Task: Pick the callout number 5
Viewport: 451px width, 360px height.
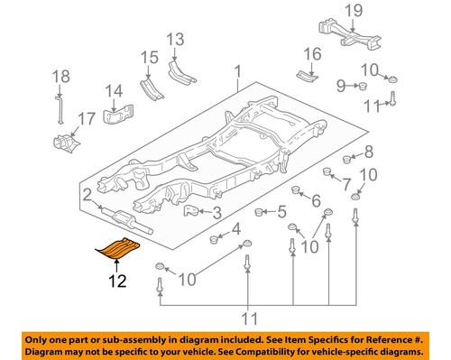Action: pos(281,213)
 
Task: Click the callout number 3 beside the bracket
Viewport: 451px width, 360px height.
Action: pos(216,213)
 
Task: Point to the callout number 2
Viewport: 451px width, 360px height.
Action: pos(87,194)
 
